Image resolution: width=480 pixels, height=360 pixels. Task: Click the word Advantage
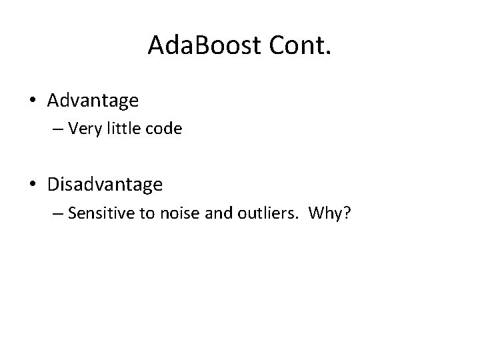93,101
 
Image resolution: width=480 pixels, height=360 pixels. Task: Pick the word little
119,129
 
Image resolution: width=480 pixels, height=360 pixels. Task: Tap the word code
161,129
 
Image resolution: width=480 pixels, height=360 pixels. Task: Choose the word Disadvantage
105,184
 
